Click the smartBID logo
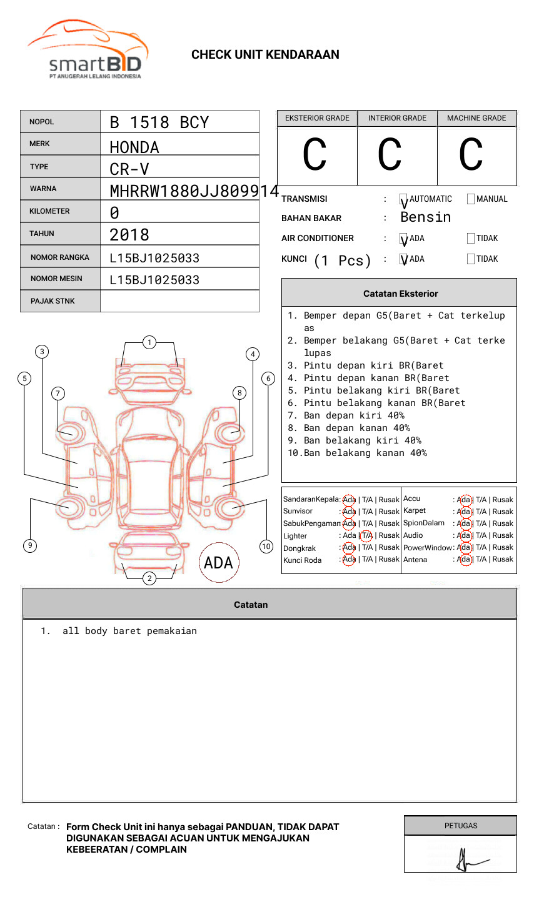[88, 50]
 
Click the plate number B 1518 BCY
[159, 122]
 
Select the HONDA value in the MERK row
[134, 147]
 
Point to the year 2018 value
[129, 235]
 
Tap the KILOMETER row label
[49, 211]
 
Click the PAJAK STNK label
[53, 301]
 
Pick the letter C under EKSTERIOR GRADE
[315, 155]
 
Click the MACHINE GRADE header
[476, 118]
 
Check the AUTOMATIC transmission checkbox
[404, 199]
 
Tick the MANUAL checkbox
[471, 199]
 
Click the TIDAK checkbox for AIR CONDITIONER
[471, 239]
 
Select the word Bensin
[425, 217]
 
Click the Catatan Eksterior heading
[400, 294]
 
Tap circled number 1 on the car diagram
[149, 342]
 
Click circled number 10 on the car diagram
[266, 547]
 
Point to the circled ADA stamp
[218, 563]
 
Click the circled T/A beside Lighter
[366, 535]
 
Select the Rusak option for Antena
[503, 559]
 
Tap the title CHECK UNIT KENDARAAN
[265, 55]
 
